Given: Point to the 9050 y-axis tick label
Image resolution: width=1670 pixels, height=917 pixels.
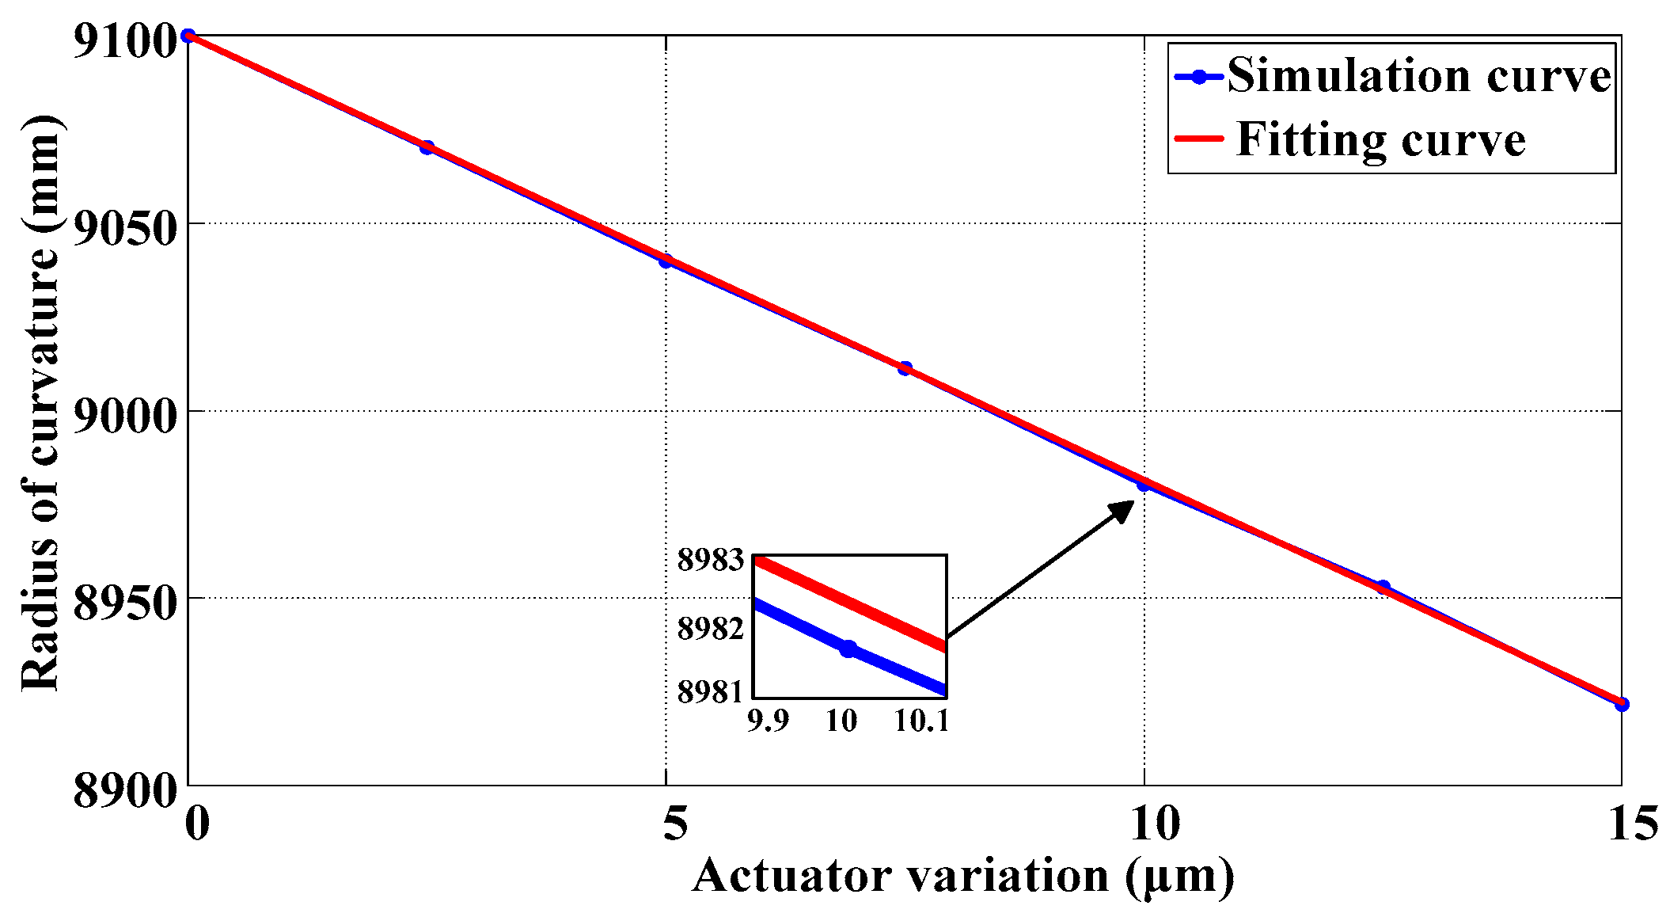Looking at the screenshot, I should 123,229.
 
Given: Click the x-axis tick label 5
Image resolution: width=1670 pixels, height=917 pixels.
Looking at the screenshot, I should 674,823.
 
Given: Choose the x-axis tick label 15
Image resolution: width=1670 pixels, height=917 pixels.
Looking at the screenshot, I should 1633,823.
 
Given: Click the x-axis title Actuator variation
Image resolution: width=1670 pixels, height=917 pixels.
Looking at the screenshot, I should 962,877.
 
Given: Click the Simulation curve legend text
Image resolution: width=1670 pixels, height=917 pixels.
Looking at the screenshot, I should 1419,76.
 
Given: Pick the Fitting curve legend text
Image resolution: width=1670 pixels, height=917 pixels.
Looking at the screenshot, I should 1380,139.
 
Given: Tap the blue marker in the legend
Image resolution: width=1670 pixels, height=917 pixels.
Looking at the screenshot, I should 1199,77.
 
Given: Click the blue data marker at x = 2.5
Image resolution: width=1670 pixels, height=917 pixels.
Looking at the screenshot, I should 427,147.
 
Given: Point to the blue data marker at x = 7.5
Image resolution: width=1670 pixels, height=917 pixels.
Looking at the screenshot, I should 905,368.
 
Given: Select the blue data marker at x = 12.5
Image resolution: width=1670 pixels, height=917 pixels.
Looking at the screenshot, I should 1383,587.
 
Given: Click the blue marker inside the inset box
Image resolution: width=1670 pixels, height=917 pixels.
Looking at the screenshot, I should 848,649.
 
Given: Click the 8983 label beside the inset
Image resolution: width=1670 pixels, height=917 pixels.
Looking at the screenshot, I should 711,560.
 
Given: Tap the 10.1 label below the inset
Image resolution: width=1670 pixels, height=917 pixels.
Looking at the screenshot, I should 921,721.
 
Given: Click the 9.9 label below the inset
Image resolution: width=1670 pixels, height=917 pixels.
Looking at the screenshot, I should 768,721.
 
